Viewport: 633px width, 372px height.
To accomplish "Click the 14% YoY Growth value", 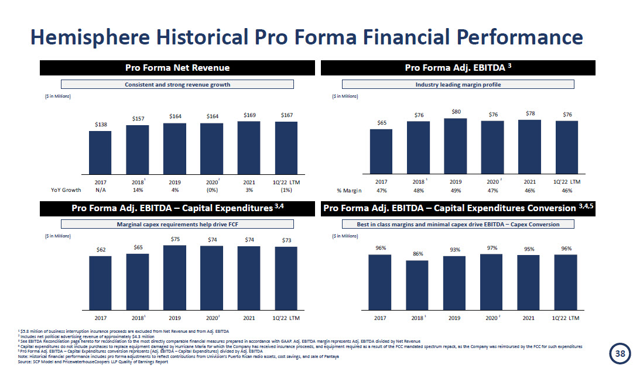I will pos(137,190).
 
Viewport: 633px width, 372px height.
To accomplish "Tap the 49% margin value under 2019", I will pos(456,190).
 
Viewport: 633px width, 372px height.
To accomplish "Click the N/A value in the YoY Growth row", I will pos(100,190).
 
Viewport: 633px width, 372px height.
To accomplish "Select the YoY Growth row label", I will pos(66,190).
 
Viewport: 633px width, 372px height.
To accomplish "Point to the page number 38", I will pos(620,353).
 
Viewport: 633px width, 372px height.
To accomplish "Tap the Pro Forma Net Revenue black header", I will pos(177,68).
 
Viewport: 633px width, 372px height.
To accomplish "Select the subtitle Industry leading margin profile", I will pos(458,84).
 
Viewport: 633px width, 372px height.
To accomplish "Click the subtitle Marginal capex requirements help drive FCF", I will pos(177,224).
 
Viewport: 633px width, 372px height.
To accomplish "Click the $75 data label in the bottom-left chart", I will pos(174,239).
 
